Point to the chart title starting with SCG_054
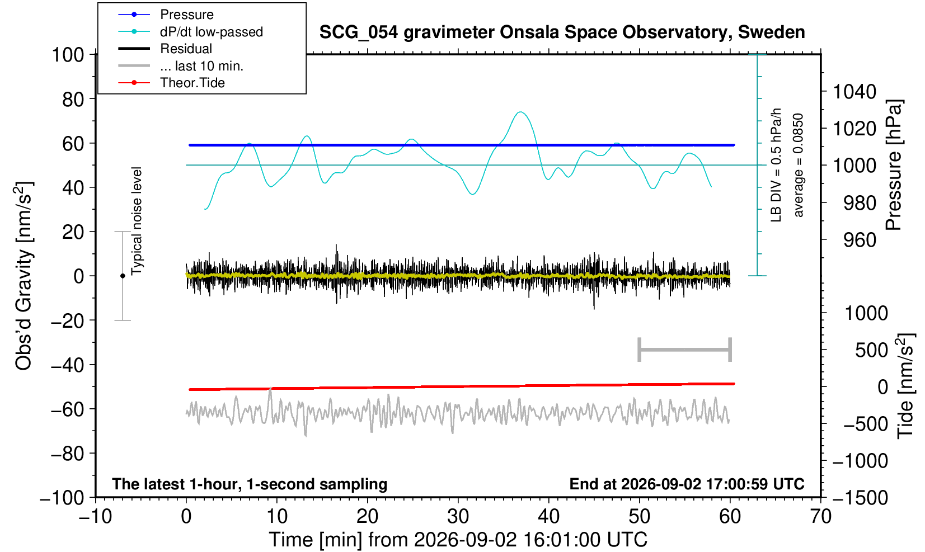pos(562,32)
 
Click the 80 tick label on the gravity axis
pos(73,100)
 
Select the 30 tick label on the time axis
pos(458,517)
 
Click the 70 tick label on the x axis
pos(820,517)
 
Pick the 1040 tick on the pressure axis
pos(854,92)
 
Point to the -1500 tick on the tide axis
pos(860,498)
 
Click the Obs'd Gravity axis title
pos(24,276)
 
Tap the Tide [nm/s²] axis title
pos(905,386)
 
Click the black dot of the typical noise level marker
pos(123,276)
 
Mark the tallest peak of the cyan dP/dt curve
pos(521,112)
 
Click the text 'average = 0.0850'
pos(799,165)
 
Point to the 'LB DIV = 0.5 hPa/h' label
pos(776,165)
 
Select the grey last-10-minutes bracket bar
pos(685,350)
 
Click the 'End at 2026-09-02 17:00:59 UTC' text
pos(687,484)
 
